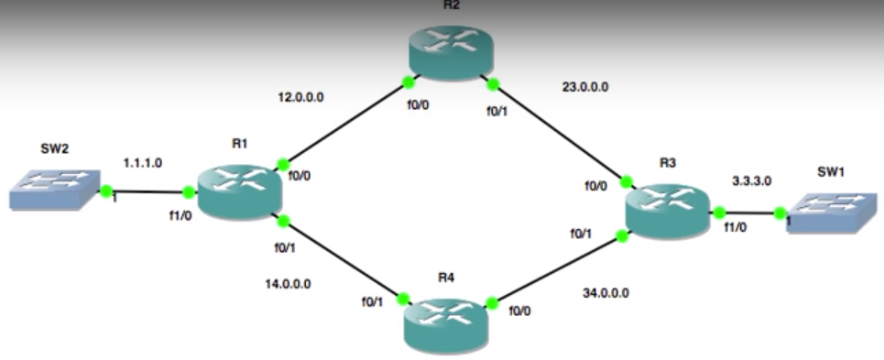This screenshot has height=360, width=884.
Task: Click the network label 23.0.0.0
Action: pos(584,87)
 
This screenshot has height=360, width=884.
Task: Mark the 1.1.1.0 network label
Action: pos(142,162)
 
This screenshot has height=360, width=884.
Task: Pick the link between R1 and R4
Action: pos(342,259)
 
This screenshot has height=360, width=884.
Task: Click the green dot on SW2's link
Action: pos(106,191)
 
